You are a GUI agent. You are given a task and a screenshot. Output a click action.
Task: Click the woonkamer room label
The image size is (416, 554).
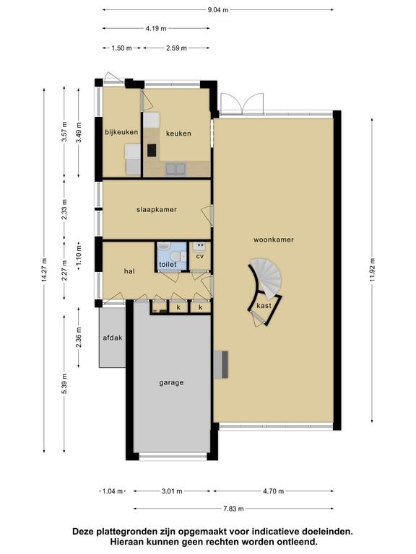pos(274,239)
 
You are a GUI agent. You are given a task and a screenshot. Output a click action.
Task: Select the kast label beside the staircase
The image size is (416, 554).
pos(264,306)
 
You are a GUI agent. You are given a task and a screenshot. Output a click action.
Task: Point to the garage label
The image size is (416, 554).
pos(171,382)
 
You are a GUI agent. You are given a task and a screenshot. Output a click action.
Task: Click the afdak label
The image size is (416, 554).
pos(113,338)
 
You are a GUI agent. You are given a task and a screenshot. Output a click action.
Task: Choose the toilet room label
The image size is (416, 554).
pos(168,264)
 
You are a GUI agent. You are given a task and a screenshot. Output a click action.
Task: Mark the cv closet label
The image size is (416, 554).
pos(200,256)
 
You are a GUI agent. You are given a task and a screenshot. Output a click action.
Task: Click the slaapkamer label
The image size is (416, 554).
pos(157,209)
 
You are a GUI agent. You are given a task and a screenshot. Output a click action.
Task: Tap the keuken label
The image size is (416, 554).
pos(178,133)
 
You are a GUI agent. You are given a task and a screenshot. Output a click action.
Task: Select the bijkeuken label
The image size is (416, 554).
pos(121,132)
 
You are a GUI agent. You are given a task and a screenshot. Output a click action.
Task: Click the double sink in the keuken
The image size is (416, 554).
pos(175,169)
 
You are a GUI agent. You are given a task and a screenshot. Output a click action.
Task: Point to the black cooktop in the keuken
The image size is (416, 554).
pos(152,150)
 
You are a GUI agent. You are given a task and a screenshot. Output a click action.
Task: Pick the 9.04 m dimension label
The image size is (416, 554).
pos(218,10)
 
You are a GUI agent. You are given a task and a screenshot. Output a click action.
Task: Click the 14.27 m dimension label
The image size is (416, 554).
pos(44,270)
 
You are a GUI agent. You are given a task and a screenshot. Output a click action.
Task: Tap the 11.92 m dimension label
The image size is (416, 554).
pos(372,270)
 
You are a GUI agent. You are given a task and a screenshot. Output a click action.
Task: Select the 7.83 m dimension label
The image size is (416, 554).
pos(233,509)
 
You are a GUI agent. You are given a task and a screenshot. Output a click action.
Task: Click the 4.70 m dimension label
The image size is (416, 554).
pos(274,491)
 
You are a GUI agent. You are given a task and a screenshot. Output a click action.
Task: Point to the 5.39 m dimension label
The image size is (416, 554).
pos(64,384)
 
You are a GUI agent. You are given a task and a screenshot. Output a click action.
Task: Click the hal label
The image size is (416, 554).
pos(129,271)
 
